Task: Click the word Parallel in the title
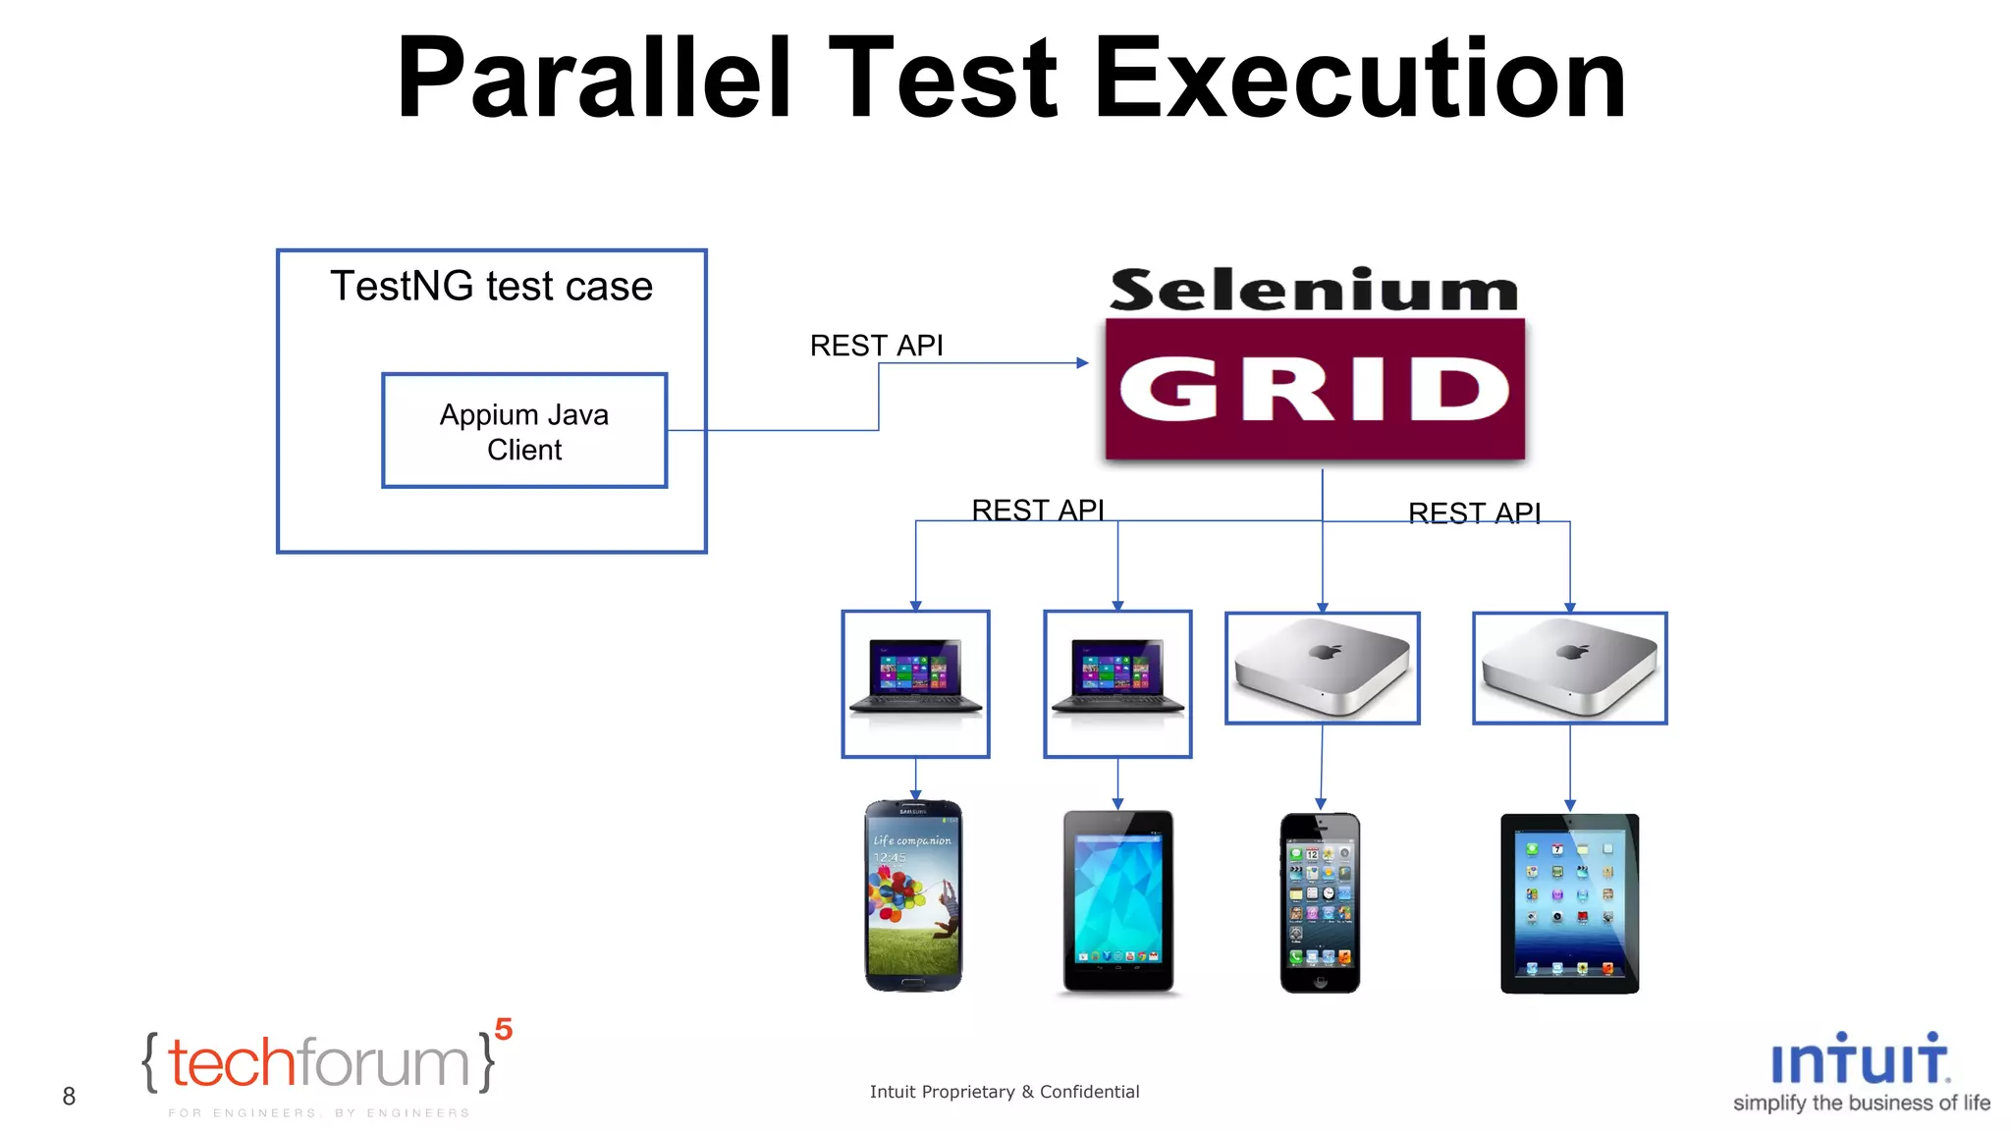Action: tap(593, 79)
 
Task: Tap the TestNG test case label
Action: tap(491, 287)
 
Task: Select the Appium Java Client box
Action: tap(524, 431)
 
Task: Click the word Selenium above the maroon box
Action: tap(1314, 291)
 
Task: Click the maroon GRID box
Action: tap(1315, 389)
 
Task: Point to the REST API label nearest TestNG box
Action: tap(876, 346)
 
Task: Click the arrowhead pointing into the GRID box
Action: tap(1083, 363)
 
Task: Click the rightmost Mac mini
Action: tap(1569, 669)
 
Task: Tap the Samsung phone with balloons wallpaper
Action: tap(913, 895)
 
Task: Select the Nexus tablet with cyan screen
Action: tap(1117, 900)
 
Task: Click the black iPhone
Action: tap(1320, 902)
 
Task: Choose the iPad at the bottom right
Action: tap(1569, 903)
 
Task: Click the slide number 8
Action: tap(69, 1096)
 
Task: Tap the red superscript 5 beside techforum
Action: tap(504, 1029)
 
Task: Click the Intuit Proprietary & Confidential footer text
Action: tap(1004, 1092)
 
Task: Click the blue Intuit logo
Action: tap(1859, 1060)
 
